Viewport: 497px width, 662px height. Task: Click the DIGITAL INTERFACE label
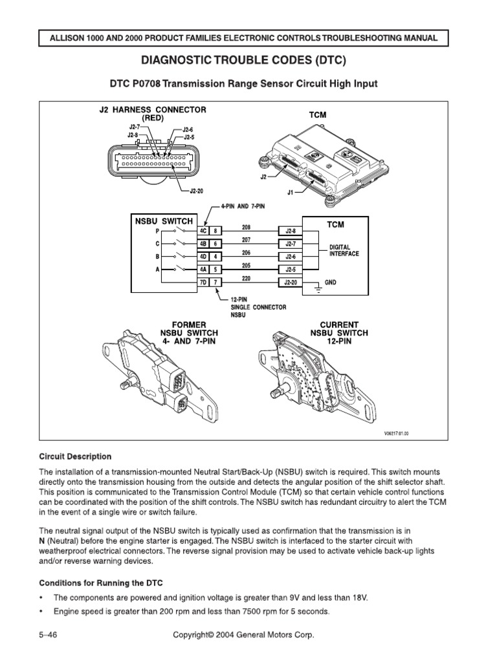[x=344, y=250]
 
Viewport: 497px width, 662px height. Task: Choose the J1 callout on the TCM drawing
[x=290, y=192]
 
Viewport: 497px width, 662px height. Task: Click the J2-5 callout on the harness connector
[x=190, y=137]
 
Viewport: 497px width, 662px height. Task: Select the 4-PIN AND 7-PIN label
[x=243, y=206]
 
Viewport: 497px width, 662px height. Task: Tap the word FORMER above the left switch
[x=189, y=325]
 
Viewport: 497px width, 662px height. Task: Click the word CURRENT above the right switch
[x=339, y=325]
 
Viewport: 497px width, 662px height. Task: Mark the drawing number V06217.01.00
[x=393, y=434]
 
